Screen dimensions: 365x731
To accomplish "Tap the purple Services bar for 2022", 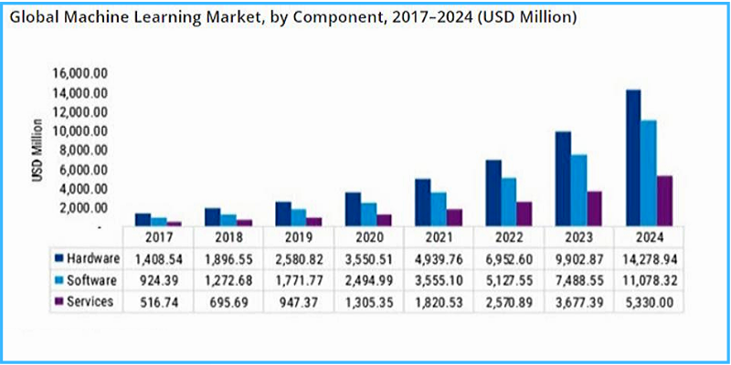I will (x=524, y=214).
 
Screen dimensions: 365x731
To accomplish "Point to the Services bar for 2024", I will (x=665, y=201).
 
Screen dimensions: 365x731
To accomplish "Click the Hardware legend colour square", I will (x=58, y=258).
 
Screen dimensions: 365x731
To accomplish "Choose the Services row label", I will (x=90, y=302).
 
